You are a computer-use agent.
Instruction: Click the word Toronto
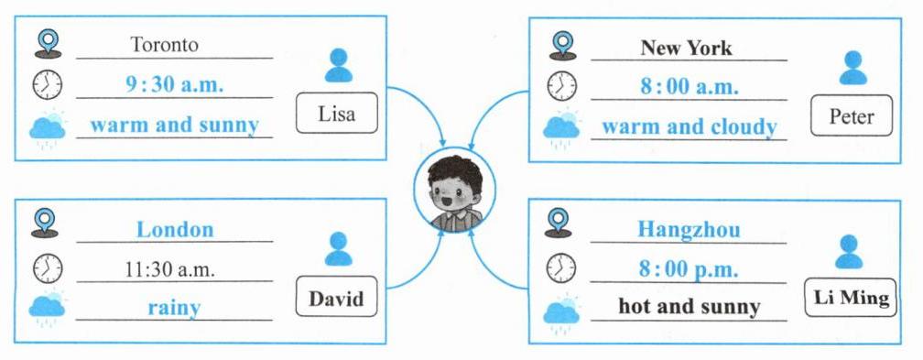[x=164, y=44]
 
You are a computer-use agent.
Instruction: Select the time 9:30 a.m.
[x=174, y=85]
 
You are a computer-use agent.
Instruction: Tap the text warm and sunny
[x=174, y=125]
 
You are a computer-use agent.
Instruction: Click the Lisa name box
[x=336, y=113]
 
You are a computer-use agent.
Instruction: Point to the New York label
[x=687, y=47]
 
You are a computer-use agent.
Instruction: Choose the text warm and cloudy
[x=690, y=126]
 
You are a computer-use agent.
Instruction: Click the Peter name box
[x=852, y=115]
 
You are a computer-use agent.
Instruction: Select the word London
[x=175, y=229]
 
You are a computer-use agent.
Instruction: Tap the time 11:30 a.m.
[x=169, y=270]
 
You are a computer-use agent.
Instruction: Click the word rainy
[x=174, y=308]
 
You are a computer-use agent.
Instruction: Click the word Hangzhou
[x=689, y=229]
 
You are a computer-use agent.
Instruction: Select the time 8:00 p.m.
[x=689, y=269]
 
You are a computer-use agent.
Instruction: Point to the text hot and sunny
[x=690, y=306]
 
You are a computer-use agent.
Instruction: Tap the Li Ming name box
[x=851, y=298]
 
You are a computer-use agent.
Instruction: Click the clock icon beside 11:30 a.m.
[x=48, y=268]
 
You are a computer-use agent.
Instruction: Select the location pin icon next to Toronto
[x=49, y=44]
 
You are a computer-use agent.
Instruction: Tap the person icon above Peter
[x=853, y=68]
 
